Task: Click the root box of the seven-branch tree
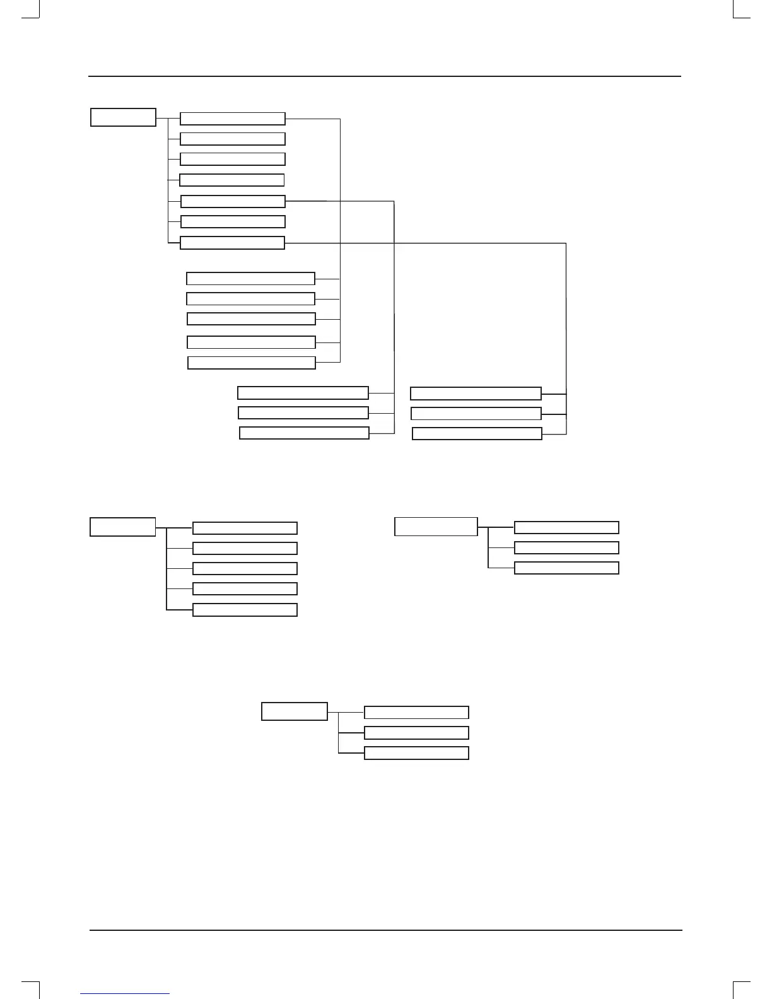point(123,117)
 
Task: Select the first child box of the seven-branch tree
point(232,119)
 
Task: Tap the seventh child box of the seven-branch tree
point(232,243)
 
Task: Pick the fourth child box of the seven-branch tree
point(231,180)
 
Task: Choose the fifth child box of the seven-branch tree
point(233,201)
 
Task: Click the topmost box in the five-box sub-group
point(250,279)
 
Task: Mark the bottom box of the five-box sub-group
point(252,363)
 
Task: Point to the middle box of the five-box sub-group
point(251,318)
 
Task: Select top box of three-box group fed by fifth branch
point(303,393)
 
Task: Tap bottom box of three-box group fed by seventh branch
point(477,433)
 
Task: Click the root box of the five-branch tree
point(122,527)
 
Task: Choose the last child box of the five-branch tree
point(245,610)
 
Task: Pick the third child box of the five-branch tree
point(245,568)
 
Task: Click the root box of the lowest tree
point(295,711)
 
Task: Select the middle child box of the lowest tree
point(416,733)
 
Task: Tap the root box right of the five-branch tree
point(436,526)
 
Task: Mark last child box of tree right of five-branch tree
point(566,568)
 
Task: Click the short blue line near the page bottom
point(125,994)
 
